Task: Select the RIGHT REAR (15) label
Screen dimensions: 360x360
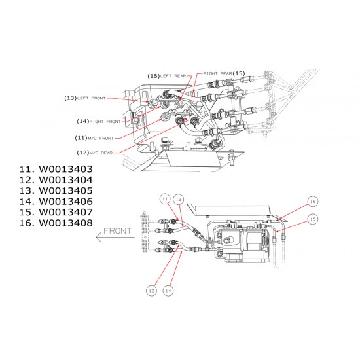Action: click(224, 73)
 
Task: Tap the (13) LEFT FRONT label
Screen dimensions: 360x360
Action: click(85, 98)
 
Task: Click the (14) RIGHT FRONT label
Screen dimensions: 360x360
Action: click(99, 121)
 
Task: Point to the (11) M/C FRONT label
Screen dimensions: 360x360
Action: click(95, 137)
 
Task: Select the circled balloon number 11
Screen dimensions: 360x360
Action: click(166, 198)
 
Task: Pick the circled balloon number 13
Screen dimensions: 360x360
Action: click(151, 291)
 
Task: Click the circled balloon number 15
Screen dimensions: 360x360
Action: click(313, 218)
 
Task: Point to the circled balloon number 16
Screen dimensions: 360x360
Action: click(313, 202)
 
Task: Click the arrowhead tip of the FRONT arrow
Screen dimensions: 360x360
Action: click(96, 240)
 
